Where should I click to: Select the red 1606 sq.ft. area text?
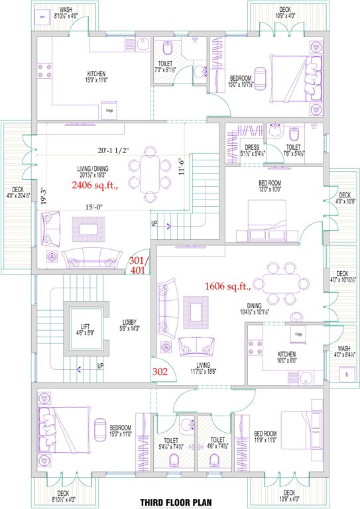[x=227, y=286]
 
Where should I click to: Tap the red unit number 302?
[x=160, y=372]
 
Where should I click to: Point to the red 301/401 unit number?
[x=139, y=265]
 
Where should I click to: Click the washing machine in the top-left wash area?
[x=43, y=17]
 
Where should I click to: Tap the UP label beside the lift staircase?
[x=100, y=366]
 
